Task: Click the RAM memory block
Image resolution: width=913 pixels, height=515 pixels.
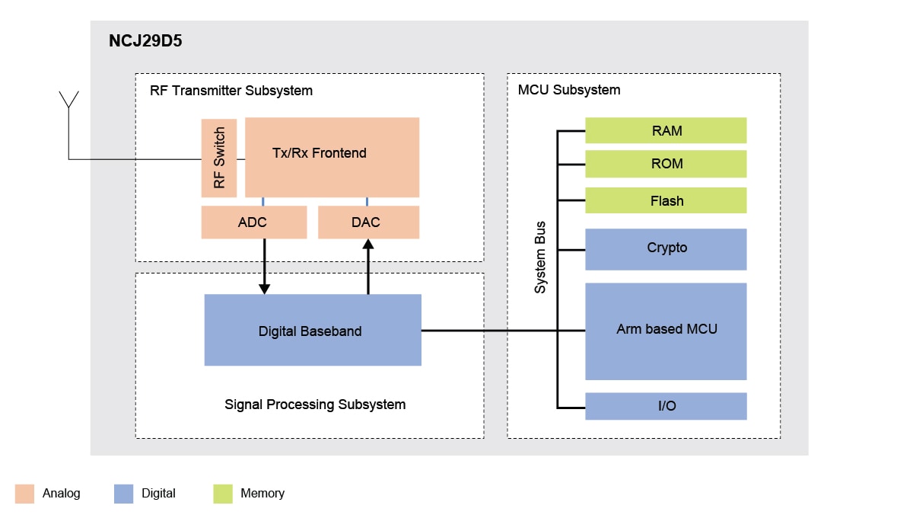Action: pos(666,130)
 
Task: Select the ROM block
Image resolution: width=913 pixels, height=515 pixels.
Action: pos(666,164)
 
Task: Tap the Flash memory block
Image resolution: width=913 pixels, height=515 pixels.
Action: pos(666,200)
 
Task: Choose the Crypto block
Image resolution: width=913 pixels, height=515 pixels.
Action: pos(666,248)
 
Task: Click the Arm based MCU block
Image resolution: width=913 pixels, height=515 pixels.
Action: pos(666,331)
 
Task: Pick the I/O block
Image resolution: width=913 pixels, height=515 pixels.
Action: pos(666,406)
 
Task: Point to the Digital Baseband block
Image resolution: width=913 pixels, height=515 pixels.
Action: pos(312,331)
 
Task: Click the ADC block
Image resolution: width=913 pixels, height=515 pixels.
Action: pos(253,222)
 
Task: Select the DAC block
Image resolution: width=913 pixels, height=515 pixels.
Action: pos(368,222)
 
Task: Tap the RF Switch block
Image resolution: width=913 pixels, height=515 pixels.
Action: pos(219,158)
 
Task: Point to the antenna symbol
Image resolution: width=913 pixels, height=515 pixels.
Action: pos(68,101)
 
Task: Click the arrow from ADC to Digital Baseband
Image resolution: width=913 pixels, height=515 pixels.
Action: pos(264,267)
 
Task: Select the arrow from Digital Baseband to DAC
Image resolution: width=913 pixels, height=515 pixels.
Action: pos(368,267)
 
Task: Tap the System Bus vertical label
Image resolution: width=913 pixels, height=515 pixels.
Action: pos(540,257)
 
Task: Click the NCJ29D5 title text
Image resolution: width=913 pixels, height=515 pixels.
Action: pos(145,42)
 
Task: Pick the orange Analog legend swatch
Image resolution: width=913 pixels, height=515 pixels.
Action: pos(24,494)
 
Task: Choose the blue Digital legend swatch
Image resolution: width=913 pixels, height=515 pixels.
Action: pos(123,494)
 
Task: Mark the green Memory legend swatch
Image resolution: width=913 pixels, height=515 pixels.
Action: pos(222,494)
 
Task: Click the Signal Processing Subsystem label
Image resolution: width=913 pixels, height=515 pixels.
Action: pos(315,405)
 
